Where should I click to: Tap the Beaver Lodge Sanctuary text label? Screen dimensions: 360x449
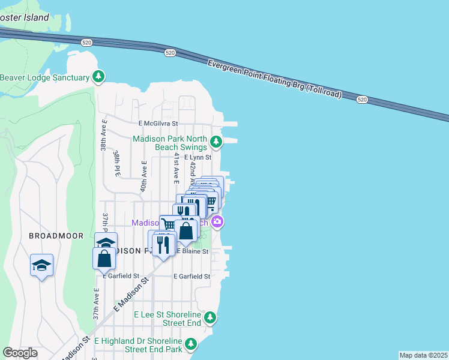[x=45, y=77]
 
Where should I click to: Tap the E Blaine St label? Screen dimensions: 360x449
[x=192, y=251]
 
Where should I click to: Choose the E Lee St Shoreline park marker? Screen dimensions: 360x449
[x=210, y=317]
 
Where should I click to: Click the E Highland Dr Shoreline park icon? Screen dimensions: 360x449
[x=190, y=344]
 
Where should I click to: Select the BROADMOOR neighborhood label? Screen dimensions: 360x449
[x=56, y=236]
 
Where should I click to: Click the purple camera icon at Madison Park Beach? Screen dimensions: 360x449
[x=217, y=222]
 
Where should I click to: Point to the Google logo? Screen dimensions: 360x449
[x=20, y=353]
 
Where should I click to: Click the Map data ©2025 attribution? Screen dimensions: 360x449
[x=424, y=355]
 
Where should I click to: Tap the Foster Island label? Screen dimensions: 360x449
[x=24, y=17]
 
